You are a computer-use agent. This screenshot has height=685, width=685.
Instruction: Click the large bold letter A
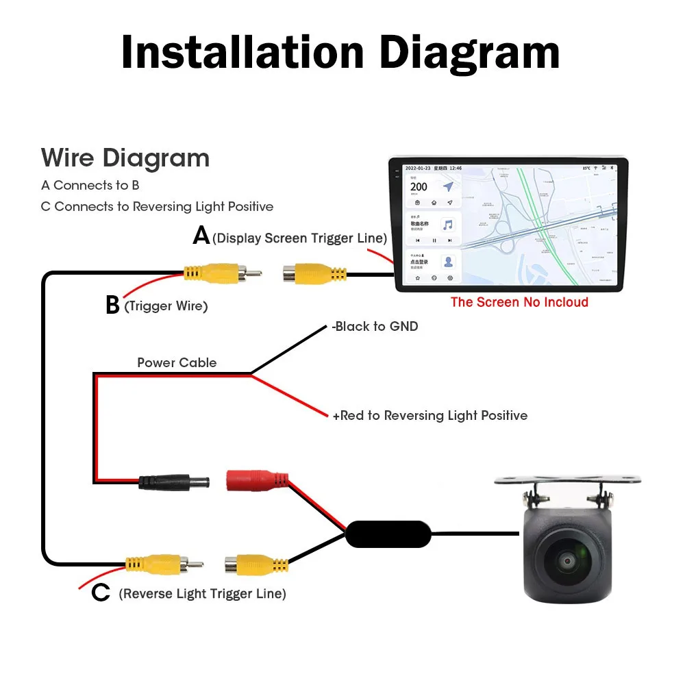click(x=201, y=236)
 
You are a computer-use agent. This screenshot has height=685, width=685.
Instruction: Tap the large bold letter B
click(x=113, y=306)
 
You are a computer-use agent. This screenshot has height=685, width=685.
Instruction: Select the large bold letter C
click(x=101, y=593)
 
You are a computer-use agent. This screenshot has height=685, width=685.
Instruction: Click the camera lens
click(x=568, y=561)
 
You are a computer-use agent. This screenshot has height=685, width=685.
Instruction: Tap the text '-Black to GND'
click(x=375, y=327)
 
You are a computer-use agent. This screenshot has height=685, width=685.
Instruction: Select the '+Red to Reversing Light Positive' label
click(x=430, y=416)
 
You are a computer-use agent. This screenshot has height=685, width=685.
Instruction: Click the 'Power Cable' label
click(x=177, y=363)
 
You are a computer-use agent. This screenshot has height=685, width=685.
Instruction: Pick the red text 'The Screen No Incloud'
click(x=519, y=302)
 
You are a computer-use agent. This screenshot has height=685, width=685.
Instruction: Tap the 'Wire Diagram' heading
click(x=125, y=158)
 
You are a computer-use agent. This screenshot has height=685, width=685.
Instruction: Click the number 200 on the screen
click(x=419, y=186)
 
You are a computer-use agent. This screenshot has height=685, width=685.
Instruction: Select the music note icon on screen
click(x=448, y=225)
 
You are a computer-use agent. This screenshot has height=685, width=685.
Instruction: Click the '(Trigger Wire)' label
click(x=166, y=306)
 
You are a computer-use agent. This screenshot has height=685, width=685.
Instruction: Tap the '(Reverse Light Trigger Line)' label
click(x=202, y=594)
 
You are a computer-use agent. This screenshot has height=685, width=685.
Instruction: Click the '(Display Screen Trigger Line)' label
click(x=300, y=238)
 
